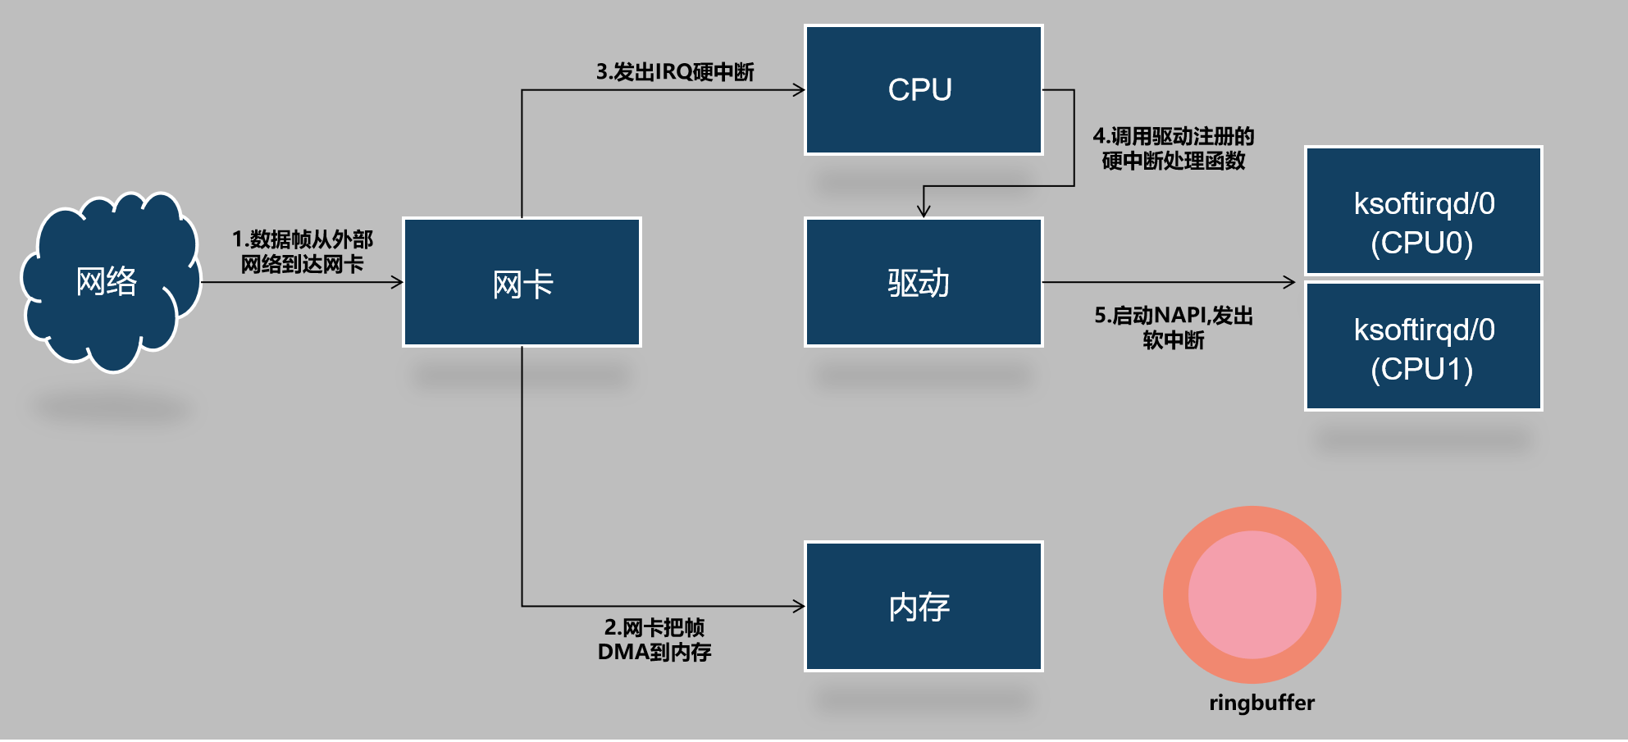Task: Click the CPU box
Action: coord(923,89)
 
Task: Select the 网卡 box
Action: coord(522,282)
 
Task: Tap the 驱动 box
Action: coord(923,282)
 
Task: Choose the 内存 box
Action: coord(923,606)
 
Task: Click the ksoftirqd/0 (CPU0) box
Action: coord(1423,211)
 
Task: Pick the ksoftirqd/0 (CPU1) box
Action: coord(1423,346)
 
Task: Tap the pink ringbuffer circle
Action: coord(1252,594)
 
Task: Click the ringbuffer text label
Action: coord(1261,703)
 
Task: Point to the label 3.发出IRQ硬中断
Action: coord(675,72)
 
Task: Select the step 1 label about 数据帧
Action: coord(302,251)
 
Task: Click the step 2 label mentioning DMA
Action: coord(654,640)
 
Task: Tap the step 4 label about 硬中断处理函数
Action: coord(1174,148)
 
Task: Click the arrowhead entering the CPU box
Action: coord(799,90)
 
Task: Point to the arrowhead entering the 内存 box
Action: coord(799,607)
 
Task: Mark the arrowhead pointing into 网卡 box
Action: coord(397,282)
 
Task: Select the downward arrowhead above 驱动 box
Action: coord(923,212)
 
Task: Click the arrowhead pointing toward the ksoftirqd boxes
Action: coord(1289,282)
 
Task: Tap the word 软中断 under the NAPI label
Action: coord(1174,340)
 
